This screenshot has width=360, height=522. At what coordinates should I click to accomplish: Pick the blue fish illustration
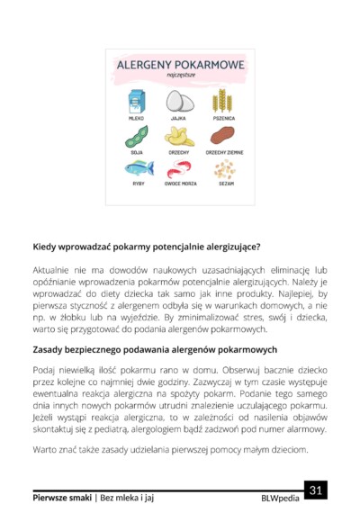[x=139, y=168]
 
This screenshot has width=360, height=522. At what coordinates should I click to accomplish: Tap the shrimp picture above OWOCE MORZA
[x=180, y=168]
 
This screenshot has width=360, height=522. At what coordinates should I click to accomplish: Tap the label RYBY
[x=139, y=184]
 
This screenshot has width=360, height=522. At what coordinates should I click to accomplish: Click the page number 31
[x=315, y=490]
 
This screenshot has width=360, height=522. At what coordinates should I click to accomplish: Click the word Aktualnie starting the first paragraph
[x=53, y=269]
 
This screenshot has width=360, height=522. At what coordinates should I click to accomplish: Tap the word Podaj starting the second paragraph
[x=44, y=371]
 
